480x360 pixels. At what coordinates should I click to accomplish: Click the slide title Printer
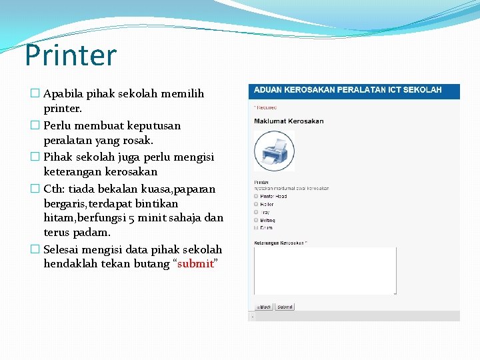(x=70, y=56)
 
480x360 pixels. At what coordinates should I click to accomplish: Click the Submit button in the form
(x=285, y=307)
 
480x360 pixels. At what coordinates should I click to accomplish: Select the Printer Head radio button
(x=257, y=196)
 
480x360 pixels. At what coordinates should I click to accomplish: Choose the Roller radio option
(x=257, y=204)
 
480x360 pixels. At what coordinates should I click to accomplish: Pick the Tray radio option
(x=257, y=212)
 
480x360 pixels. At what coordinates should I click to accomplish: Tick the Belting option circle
(x=257, y=220)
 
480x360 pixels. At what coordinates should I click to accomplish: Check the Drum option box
(x=257, y=228)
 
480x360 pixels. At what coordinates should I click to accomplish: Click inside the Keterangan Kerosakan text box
(x=325, y=271)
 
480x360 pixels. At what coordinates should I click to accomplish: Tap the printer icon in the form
(x=274, y=151)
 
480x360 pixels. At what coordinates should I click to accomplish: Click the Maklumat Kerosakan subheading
(x=289, y=121)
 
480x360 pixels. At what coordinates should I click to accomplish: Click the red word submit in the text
(x=195, y=264)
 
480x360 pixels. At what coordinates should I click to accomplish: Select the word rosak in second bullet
(x=138, y=141)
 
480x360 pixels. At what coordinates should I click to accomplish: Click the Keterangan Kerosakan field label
(x=279, y=243)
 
